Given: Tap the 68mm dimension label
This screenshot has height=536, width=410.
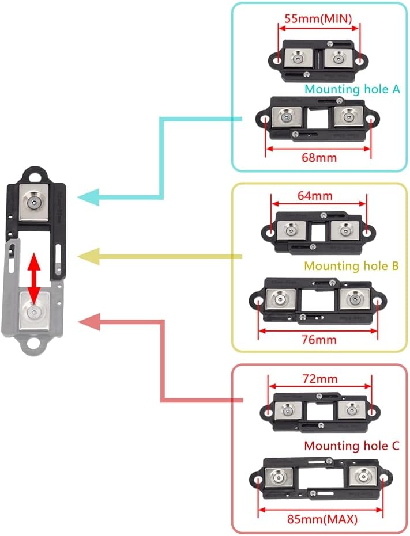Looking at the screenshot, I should coord(319,157).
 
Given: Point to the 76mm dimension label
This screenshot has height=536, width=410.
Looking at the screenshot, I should coord(318,339).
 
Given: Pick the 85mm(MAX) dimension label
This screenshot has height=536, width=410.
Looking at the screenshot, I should coord(323,519).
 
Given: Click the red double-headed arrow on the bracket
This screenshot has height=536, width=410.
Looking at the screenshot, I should coord(35,278).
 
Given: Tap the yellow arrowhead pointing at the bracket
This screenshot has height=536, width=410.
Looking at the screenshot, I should coord(86,256).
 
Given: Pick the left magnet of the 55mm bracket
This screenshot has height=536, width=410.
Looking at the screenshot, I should coord(300,58).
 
